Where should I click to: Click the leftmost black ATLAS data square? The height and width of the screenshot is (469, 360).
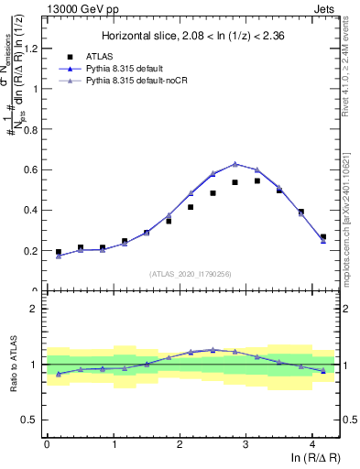(59, 252)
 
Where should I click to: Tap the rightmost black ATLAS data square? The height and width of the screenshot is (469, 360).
(322, 237)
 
